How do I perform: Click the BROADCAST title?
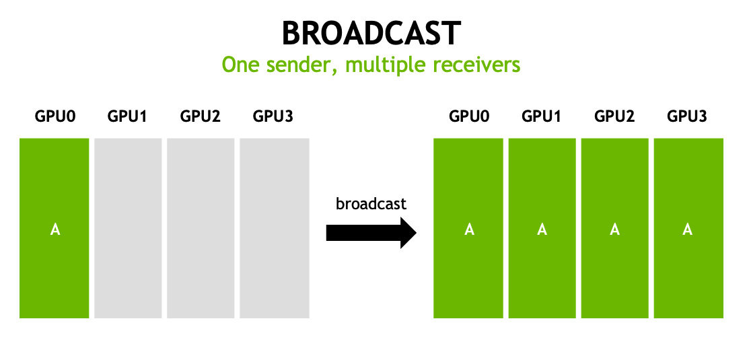pyautogui.click(x=371, y=34)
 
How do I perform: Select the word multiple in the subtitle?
pyautogui.click(x=378, y=65)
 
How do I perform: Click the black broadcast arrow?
pyautogui.click(x=371, y=233)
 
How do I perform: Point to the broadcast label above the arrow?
pyautogui.click(x=371, y=203)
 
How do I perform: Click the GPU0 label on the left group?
pyautogui.click(x=55, y=116)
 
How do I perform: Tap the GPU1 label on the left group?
pyautogui.click(x=127, y=116)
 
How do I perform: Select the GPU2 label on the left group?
pyautogui.click(x=201, y=116)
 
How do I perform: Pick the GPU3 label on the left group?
pyautogui.click(x=273, y=116)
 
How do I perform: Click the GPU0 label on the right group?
pyautogui.click(x=469, y=116)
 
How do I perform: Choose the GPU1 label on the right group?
pyautogui.click(x=542, y=116)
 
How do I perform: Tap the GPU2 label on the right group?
pyautogui.click(x=614, y=116)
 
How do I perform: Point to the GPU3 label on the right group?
pyautogui.click(x=687, y=116)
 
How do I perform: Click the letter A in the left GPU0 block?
pyautogui.click(x=55, y=229)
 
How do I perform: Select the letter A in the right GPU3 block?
pyautogui.click(x=687, y=229)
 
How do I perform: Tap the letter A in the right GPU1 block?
pyautogui.click(x=542, y=229)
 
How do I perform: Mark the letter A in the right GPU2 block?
pyautogui.click(x=614, y=229)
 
